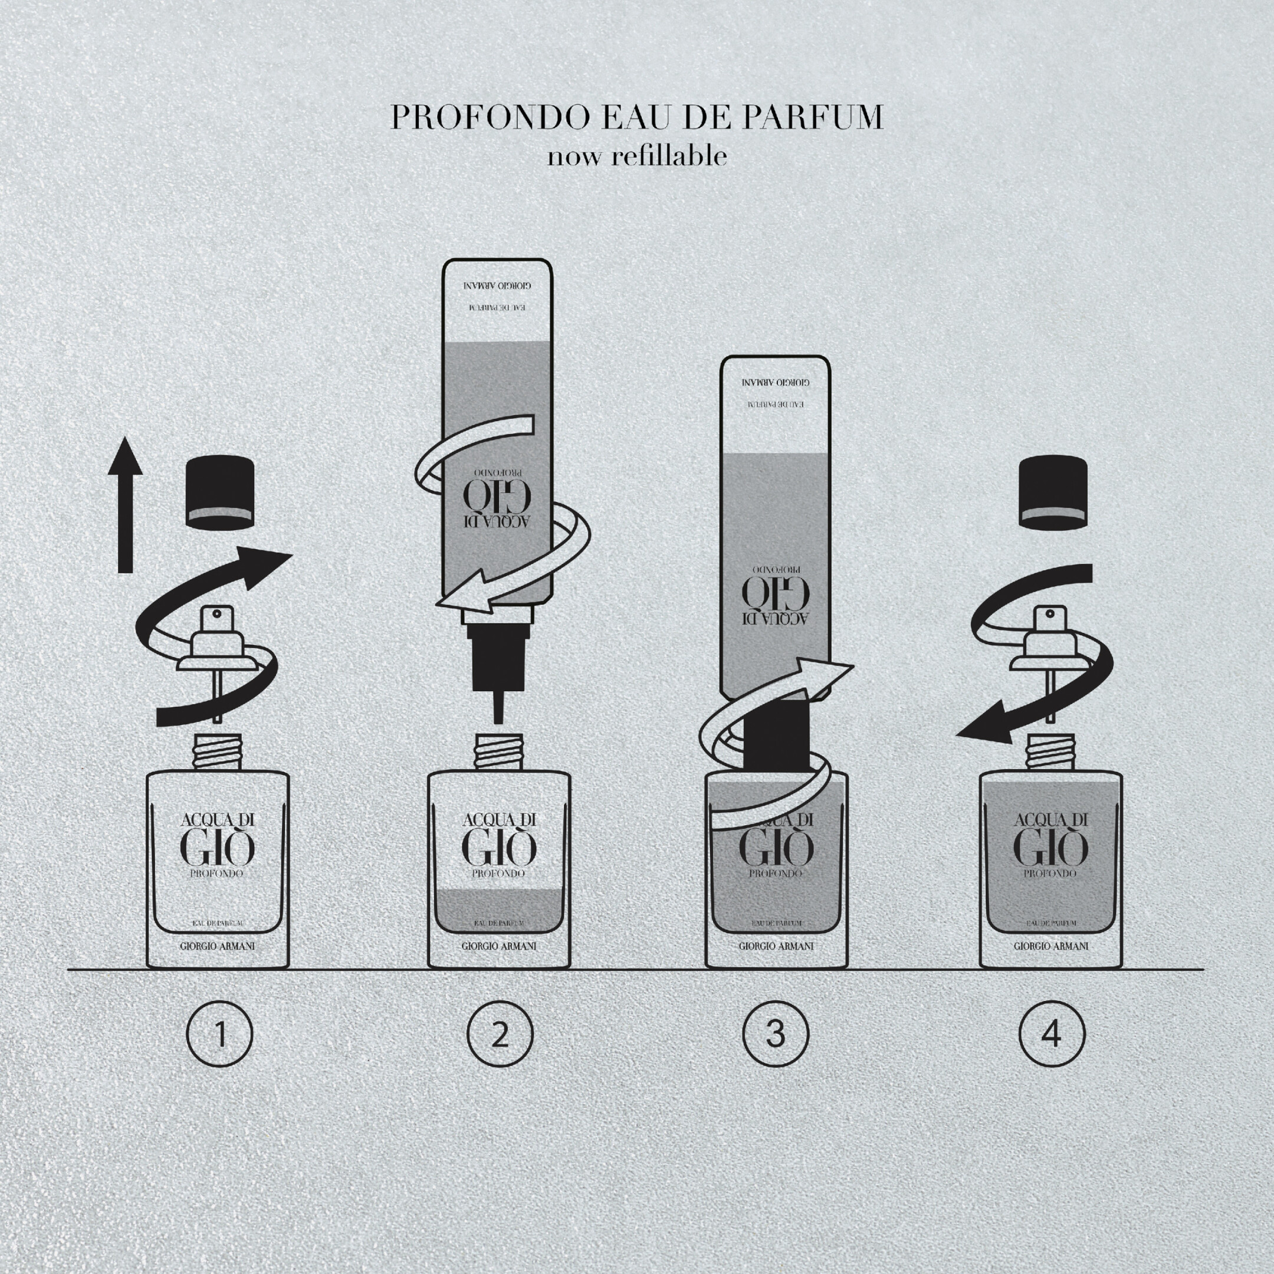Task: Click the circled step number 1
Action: pyautogui.click(x=219, y=1035)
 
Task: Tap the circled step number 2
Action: pyautogui.click(x=499, y=1035)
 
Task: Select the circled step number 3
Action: pyautogui.click(x=776, y=1035)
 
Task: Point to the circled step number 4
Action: pyautogui.click(x=1051, y=1035)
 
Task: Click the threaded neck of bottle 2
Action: pyautogui.click(x=498, y=752)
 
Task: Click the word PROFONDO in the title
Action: pyautogui.click(x=490, y=117)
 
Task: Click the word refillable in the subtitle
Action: pyautogui.click(x=669, y=157)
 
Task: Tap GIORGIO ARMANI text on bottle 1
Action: pyautogui.click(x=218, y=946)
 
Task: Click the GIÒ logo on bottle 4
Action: pyautogui.click(x=1051, y=848)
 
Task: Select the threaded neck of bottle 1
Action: pyautogui.click(x=218, y=752)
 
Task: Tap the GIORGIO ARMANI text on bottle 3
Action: pyautogui.click(x=776, y=946)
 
